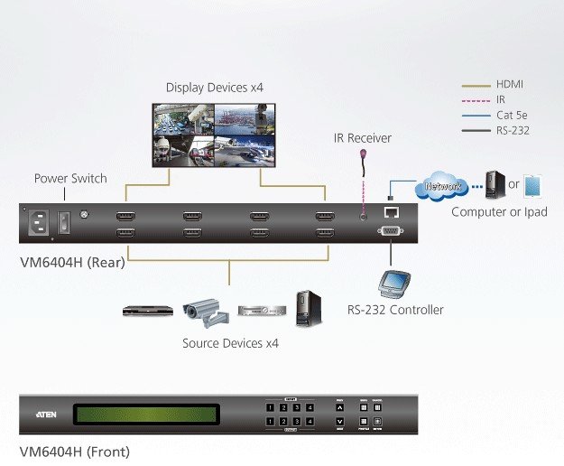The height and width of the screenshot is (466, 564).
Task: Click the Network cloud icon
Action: [443, 188]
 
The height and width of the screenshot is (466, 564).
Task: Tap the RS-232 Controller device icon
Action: [396, 284]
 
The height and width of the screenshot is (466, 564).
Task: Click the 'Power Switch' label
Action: [70, 178]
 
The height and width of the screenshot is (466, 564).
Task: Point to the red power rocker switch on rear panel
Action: [63, 221]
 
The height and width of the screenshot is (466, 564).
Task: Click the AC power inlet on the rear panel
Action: [40, 222]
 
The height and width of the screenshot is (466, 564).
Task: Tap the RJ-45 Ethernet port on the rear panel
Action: [393, 214]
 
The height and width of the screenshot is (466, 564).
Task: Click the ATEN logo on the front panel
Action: [48, 415]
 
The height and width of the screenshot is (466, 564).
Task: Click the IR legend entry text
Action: [502, 99]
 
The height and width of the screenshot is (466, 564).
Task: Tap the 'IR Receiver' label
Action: [363, 138]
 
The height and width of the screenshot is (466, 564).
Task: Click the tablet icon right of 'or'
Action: [534, 186]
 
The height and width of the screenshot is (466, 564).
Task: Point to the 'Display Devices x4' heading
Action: [215, 88]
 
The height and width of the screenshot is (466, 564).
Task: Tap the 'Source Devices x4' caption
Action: [230, 343]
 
